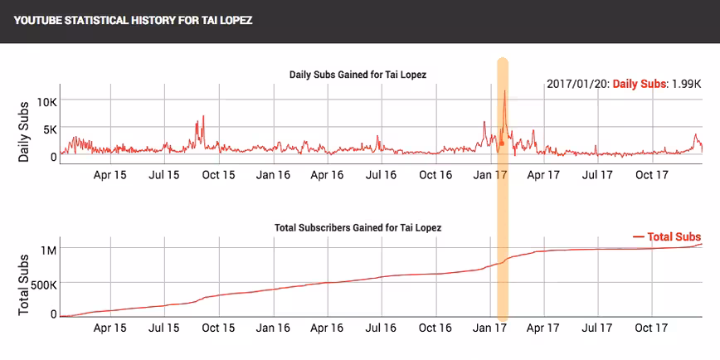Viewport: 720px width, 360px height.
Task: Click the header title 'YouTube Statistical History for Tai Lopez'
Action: (134, 21)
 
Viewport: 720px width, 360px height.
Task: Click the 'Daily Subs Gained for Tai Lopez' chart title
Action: (358, 75)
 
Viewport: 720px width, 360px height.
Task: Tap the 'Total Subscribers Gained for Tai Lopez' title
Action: (358, 228)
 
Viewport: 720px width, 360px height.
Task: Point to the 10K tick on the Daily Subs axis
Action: (46, 101)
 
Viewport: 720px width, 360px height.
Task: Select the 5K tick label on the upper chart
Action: (49, 129)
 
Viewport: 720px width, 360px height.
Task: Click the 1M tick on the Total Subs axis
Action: (48, 251)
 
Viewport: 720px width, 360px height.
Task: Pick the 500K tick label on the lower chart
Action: (44, 285)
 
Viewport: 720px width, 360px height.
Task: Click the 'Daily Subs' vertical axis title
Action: (23, 131)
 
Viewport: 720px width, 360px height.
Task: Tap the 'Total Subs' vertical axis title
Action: (23, 285)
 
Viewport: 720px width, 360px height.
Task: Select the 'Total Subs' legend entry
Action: (667, 237)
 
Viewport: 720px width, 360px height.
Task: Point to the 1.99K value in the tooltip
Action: (687, 85)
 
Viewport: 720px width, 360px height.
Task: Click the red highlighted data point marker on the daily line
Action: (502, 144)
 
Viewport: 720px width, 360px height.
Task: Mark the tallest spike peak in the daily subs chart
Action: (504, 90)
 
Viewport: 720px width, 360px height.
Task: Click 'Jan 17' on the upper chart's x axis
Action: (490, 175)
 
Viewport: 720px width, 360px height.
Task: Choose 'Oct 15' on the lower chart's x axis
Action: (218, 328)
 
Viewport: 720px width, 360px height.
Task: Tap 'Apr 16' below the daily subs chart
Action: (328, 175)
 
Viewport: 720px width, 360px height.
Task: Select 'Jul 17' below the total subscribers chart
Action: (597, 328)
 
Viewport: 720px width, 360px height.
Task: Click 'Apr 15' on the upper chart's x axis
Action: (110, 175)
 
